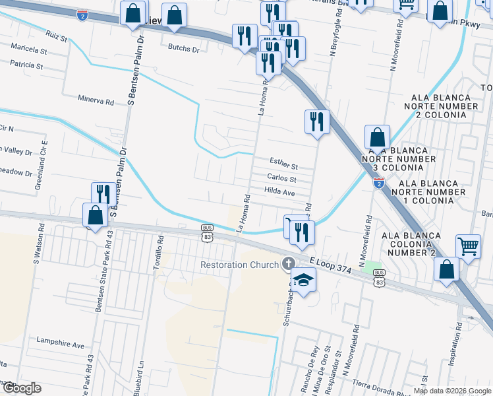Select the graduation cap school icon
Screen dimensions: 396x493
tap(303, 280)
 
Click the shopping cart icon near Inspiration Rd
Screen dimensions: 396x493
tap(468, 246)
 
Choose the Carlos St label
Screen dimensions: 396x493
tap(281, 179)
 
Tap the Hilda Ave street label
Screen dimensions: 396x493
tap(279, 191)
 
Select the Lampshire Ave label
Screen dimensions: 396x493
tap(61, 345)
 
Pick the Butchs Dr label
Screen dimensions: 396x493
tap(183, 48)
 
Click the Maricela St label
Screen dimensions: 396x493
tap(28, 50)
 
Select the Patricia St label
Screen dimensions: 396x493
tap(27, 66)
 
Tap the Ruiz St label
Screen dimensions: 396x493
tap(57, 35)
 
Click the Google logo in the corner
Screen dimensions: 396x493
tap(22, 388)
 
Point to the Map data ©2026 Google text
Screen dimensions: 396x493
tap(451, 391)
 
